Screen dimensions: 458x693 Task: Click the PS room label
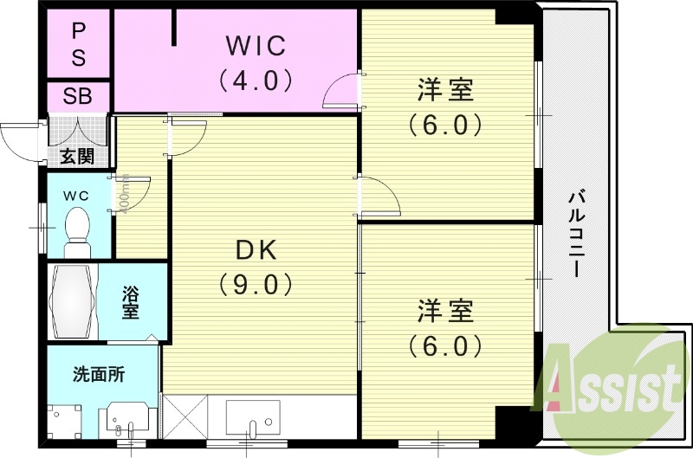[78, 45]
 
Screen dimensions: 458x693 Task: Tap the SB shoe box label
[78, 96]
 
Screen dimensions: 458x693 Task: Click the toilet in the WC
[77, 228]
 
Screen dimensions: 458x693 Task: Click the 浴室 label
[131, 302]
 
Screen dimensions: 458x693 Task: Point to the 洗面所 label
[99, 375]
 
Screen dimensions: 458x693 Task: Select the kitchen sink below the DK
[251, 419]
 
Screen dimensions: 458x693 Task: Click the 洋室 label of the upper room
[444, 89]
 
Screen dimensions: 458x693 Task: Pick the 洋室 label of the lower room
[444, 310]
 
